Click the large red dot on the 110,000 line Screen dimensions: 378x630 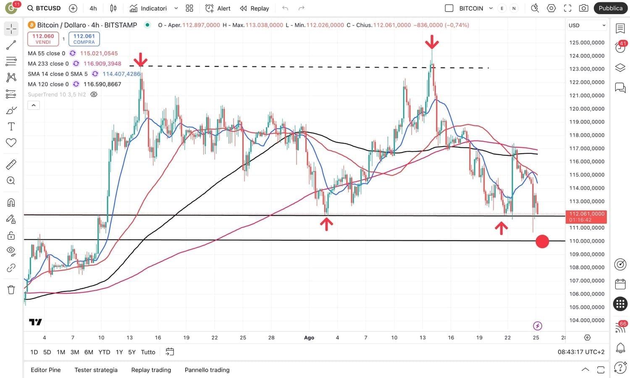click(x=542, y=241)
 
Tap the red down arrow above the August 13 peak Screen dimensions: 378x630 click(x=432, y=42)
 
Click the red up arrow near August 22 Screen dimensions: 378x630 click(x=501, y=228)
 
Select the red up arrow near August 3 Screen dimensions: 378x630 click(x=326, y=224)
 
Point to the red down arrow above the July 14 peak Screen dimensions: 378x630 click(x=141, y=60)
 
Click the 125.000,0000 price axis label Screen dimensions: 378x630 click(x=587, y=42)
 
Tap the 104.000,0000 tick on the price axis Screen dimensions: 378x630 click(x=587, y=320)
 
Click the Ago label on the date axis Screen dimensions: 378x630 click(x=309, y=338)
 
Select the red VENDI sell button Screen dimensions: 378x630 click(x=43, y=39)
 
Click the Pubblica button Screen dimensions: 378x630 click(x=610, y=8)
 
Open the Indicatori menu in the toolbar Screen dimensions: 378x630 click(x=153, y=8)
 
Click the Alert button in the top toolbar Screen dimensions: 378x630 click(x=218, y=8)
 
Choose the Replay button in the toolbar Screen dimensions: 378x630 click(x=255, y=8)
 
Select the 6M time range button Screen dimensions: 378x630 click(x=89, y=352)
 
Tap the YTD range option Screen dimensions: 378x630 click(x=104, y=352)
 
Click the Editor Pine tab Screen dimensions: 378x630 click(x=46, y=370)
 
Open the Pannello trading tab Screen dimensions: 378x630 click(x=207, y=370)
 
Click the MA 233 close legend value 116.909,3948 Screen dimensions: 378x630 click(x=102, y=64)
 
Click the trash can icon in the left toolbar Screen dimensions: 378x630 click(x=11, y=289)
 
